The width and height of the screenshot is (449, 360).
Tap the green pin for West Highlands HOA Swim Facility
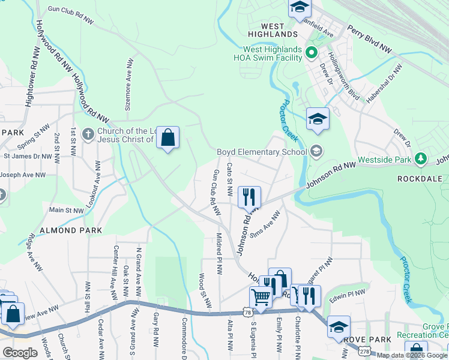coord(311,53)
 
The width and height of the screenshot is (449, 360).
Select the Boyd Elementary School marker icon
coord(317,152)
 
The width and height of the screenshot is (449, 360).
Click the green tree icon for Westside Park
coord(422,160)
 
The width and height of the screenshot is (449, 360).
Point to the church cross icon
coord(88,134)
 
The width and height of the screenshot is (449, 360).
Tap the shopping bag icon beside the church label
coord(168,138)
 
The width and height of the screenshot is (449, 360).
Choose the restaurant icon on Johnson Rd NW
coord(249,196)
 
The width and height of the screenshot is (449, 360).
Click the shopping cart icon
coord(261,296)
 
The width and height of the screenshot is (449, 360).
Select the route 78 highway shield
coord(248,313)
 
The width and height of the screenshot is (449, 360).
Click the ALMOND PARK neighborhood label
coord(67,230)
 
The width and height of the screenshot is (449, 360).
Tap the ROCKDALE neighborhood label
coord(420,179)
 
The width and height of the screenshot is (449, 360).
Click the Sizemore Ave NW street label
coord(127,86)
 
